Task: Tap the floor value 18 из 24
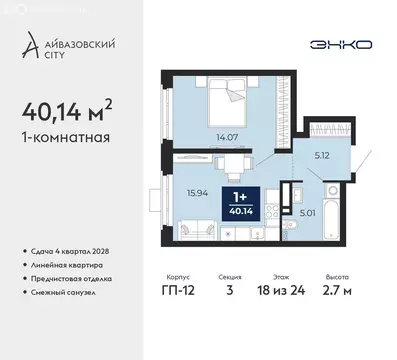(292, 296)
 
